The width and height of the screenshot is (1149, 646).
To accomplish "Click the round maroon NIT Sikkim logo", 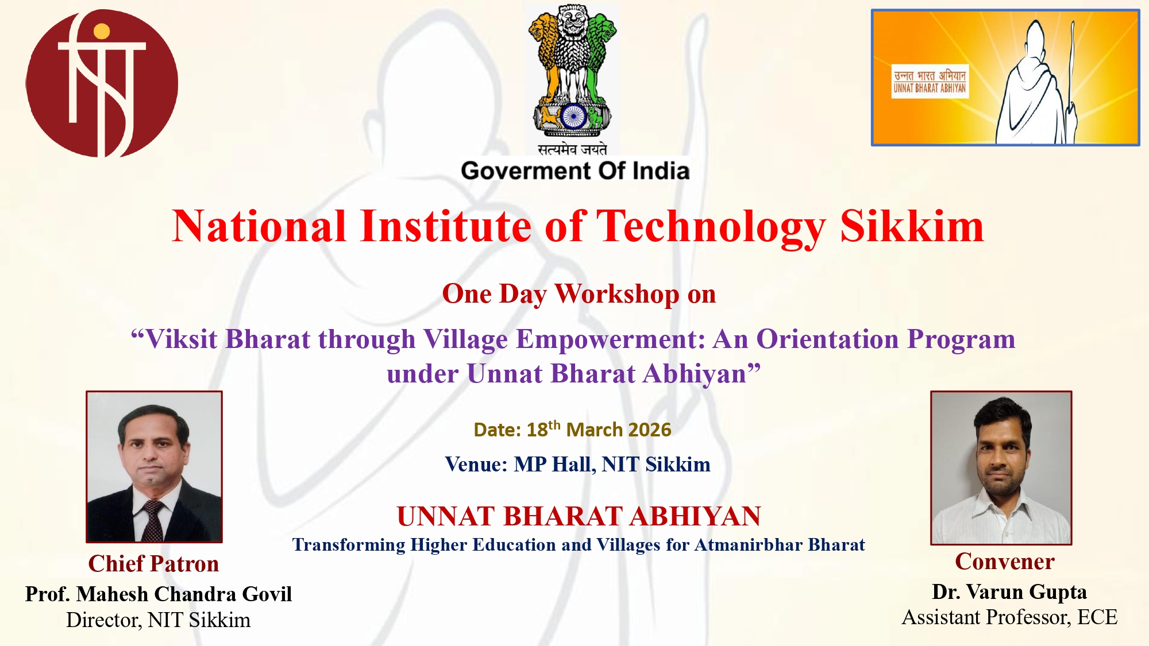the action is click(102, 83).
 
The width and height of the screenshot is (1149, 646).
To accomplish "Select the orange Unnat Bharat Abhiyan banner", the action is click(1005, 78).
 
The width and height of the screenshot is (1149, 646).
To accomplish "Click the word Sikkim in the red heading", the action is click(912, 226).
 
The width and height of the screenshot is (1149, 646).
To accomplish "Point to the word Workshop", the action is click(617, 294).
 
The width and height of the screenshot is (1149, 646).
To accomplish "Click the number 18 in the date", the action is click(537, 430).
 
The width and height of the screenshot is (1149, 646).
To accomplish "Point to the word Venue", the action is click(476, 464).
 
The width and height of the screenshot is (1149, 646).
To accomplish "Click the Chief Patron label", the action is click(153, 564).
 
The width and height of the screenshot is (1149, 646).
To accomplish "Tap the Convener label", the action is click(1005, 562).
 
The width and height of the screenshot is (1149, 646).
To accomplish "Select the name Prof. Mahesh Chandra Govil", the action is click(159, 594).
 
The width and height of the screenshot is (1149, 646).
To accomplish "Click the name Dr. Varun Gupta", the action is click(1009, 591).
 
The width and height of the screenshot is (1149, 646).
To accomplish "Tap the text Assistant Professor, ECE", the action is click(1009, 617).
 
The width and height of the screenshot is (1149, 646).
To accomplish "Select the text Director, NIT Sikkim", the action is click(159, 620).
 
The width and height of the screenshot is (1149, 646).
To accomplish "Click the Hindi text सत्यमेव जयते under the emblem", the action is click(572, 149).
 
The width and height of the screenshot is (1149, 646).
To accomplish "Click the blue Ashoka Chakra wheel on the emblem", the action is click(573, 117).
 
